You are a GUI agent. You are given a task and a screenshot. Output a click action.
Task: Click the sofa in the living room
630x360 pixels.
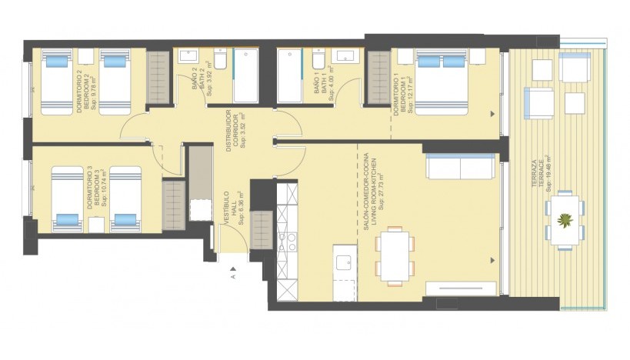[459, 165]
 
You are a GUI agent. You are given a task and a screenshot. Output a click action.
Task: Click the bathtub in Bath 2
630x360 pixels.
[245, 75]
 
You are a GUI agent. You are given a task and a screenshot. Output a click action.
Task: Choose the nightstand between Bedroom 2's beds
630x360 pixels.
[86, 57]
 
